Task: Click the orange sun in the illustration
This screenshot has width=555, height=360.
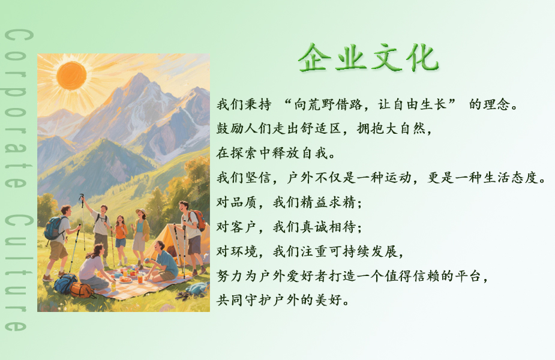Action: pos(71,76)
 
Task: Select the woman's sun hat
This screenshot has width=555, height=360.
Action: pos(141,212)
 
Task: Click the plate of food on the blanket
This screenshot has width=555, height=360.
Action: pos(125,280)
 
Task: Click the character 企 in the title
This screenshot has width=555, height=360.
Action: pos(314,57)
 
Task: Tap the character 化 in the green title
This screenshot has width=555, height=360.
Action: pos(422,57)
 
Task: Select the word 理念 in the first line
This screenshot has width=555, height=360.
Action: pos(497,104)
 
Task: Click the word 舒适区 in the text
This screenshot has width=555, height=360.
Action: pos(320,128)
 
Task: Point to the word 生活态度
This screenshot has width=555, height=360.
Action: pos(511,178)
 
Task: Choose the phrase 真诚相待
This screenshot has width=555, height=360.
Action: pos(328,227)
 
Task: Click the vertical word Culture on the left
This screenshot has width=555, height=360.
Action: pos(17,272)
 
